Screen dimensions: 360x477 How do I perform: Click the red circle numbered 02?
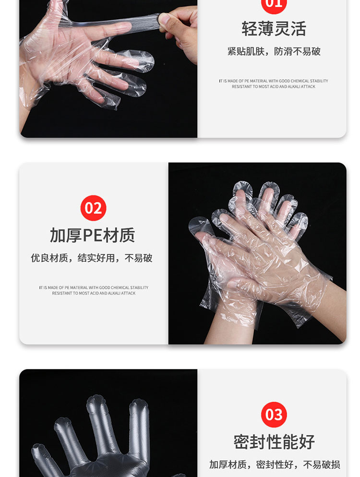click(x=93, y=208)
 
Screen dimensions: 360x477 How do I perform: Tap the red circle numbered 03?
click(x=274, y=414)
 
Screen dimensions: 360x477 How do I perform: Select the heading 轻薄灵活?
click(x=274, y=29)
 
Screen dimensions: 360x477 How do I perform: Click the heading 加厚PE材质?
click(x=93, y=235)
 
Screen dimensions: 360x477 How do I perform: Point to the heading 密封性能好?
click(x=274, y=441)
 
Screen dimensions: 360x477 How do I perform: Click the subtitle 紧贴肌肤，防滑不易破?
click(x=274, y=51)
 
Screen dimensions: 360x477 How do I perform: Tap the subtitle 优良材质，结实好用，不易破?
click(x=92, y=258)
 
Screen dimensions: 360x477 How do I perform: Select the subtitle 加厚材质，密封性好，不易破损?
click(x=275, y=465)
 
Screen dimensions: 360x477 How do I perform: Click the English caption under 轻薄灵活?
click(x=274, y=83)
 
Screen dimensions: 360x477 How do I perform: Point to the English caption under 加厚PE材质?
click(x=94, y=290)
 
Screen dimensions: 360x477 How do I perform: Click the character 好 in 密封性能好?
click(x=306, y=441)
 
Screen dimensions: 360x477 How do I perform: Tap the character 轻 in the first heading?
click(x=250, y=29)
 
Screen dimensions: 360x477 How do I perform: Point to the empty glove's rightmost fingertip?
click(x=139, y=405)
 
